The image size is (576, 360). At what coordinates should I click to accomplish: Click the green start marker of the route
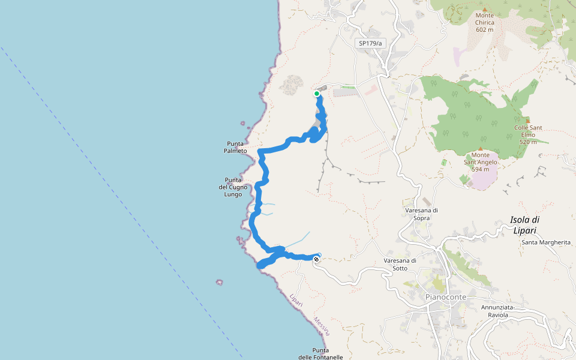(x=317, y=94)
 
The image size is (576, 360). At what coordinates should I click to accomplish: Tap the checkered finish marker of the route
(x=316, y=259)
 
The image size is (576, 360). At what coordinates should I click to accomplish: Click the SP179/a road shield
(x=370, y=43)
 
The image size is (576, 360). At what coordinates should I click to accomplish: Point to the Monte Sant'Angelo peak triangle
(x=481, y=148)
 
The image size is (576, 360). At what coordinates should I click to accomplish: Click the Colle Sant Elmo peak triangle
(x=528, y=120)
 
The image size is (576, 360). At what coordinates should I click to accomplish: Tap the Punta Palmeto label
(x=236, y=147)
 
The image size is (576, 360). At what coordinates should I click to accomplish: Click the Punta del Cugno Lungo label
(x=233, y=187)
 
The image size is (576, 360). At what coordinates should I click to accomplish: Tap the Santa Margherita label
(x=546, y=242)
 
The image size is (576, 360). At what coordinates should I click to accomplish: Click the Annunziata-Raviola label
(x=499, y=311)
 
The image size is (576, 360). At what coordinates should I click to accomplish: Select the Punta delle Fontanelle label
(x=320, y=353)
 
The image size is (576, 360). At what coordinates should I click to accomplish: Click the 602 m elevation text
(x=484, y=29)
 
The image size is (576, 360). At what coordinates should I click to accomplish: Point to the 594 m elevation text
(x=481, y=169)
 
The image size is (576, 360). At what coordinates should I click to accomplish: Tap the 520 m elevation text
(x=528, y=142)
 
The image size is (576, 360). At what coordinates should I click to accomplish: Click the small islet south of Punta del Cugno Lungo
(x=220, y=282)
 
